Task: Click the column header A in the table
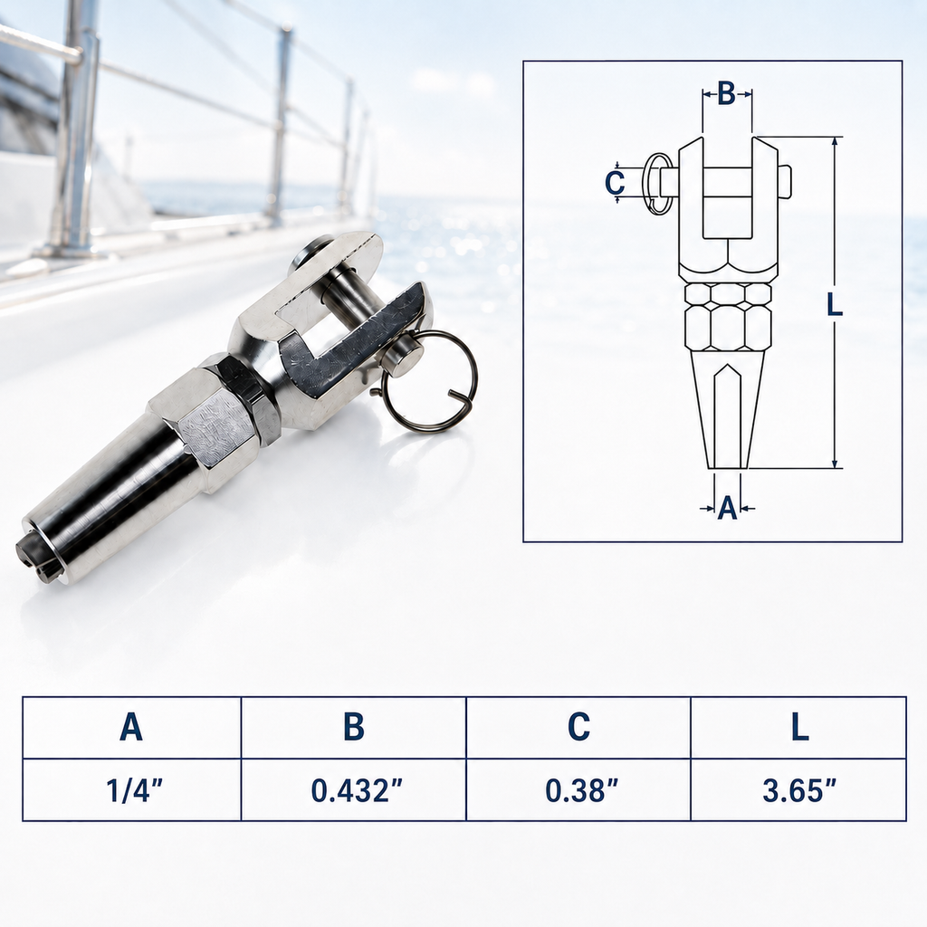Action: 131,727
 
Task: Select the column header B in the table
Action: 354,727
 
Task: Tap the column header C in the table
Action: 578,727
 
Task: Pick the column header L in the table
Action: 800,727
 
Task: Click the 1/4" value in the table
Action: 134,790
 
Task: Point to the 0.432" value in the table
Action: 357,790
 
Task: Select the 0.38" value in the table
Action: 581,790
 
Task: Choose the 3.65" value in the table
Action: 799,790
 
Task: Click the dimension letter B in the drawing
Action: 727,93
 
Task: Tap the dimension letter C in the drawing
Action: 615,182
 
